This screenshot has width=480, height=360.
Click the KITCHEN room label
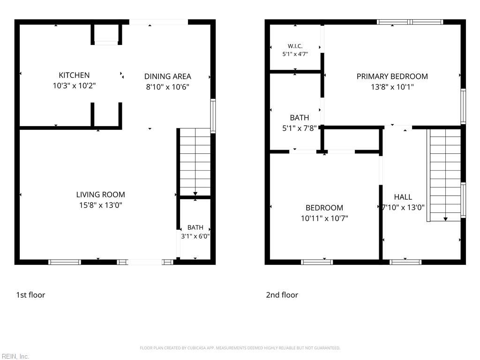[74, 75]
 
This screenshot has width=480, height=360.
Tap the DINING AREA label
[167, 76]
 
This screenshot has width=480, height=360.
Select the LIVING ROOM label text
[100, 195]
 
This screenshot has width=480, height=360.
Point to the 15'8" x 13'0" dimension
[100, 205]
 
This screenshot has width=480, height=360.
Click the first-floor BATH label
[195, 227]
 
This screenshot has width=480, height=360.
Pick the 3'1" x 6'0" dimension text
[195, 236]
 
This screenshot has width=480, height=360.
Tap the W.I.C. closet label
[295, 46]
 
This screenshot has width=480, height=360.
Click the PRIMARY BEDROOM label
[392, 76]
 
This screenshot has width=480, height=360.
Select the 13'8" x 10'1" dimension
[392, 87]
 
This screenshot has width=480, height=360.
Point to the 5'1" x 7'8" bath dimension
[300, 128]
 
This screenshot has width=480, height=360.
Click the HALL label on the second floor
[403, 197]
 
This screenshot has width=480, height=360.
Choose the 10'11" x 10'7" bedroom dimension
[324, 218]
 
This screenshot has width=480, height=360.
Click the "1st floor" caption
[30, 295]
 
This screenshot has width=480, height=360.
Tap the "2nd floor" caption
[282, 295]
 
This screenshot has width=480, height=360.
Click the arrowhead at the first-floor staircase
[195, 194]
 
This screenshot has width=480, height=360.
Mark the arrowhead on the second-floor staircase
[445, 219]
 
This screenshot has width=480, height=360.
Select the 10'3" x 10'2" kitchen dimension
[74, 86]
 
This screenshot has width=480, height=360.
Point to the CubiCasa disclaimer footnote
[240, 348]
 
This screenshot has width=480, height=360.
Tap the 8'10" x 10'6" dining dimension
[167, 87]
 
